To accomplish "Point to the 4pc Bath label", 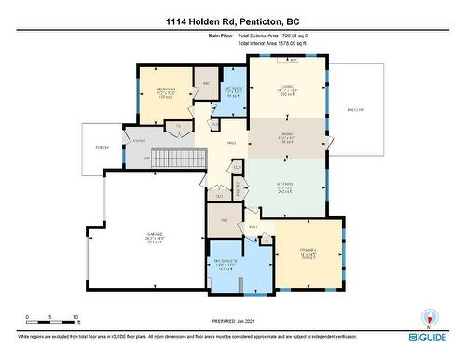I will [233, 91].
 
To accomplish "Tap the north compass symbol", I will [429, 316].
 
